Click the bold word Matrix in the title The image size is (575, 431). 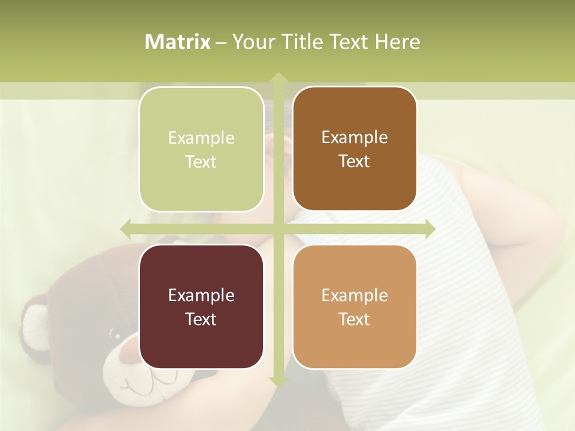pos(178,42)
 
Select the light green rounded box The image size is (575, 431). pos(201,149)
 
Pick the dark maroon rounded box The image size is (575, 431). pos(201,306)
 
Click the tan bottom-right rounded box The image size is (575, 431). pos(355,306)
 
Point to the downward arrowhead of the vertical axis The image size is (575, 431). pos(278,381)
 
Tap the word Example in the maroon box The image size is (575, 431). pos(201,295)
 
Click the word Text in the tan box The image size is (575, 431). pos(355,319)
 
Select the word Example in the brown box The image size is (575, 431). pos(355,137)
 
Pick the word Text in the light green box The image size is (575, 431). pos(201,162)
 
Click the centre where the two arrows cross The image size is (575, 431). pos(278,229)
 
